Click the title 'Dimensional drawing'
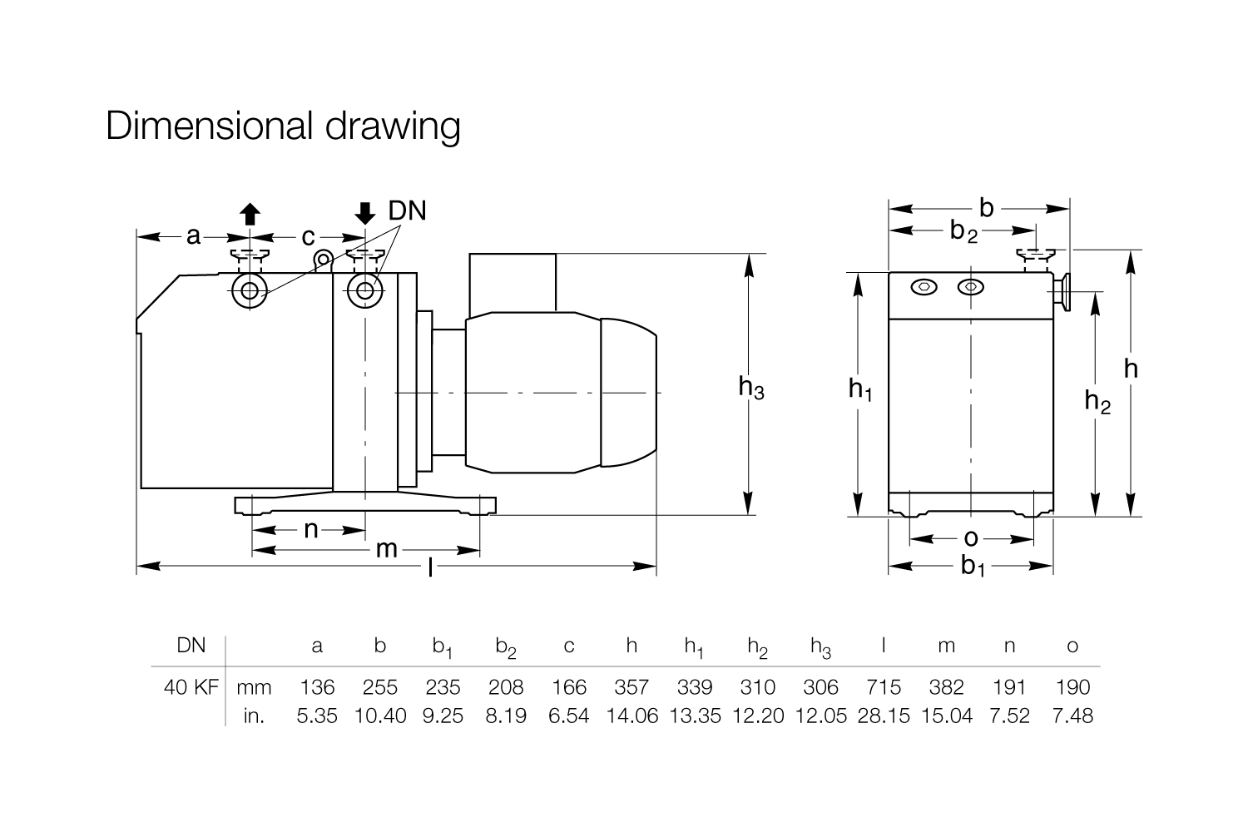(x=283, y=126)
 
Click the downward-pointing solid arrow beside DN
(x=364, y=214)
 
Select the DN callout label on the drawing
(x=407, y=210)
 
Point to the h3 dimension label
(x=751, y=388)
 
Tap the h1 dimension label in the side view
(x=860, y=388)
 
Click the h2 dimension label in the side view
(x=1097, y=402)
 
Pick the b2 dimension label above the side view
(x=963, y=231)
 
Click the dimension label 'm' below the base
(x=386, y=549)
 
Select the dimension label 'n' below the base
(x=310, y=529)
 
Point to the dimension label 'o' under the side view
(x=971, y=538)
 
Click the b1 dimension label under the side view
(x=973, y=567)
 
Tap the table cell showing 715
(x=884, y=687)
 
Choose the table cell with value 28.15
(x=884, y=716)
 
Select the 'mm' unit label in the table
(x=255, y=687)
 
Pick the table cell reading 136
(x=317, y=687)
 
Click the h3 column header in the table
(x=820, y=646)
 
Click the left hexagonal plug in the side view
(x=924, y=287)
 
